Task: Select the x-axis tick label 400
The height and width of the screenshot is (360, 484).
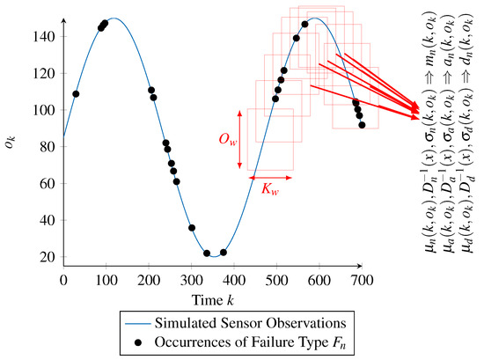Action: (234, 280)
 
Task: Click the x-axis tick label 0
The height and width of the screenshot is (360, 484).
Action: (63, 280)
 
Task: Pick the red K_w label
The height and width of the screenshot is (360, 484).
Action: (271, 187)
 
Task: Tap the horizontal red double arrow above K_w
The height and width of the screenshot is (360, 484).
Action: (271, 176)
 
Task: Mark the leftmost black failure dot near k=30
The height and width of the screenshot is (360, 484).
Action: (76, 94)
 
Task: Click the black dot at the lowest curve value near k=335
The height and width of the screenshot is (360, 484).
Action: (207, 253)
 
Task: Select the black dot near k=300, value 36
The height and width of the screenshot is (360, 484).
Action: (192, 228)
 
